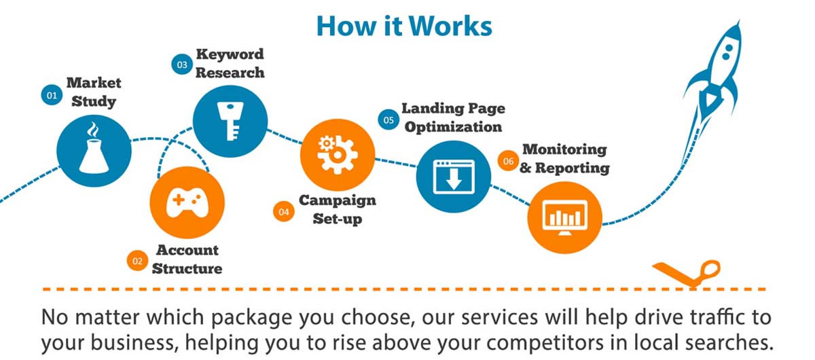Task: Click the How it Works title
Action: pyautogui.click(x=404, y=26)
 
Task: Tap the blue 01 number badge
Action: pyautogui.click(x=52, y=95)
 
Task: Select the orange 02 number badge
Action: pyautogui.click(x=137, y=261)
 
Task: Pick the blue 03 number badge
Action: pyautogui.click(x=182, y=65)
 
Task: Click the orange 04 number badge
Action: pyautogui.click(x=284, y=211)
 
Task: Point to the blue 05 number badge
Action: pyautogui.click(x=388, y=120)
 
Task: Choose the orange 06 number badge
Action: pyautogui.click(x=508, y=161)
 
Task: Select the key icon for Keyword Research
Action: pyautogui.click(x=230, y=121)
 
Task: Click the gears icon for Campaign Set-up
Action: pyautogui.click(x=337, y=154)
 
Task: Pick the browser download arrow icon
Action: pyautogui.click(x=454, y=177)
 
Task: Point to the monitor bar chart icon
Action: pyautogui.click(x=564, y=217)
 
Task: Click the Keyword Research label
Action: pyautogui.click(x=230, y=63)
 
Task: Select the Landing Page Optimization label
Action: pyautogui.click(x=454, y=118)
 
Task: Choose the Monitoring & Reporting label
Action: pyautogui.click(x=564, y=158)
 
